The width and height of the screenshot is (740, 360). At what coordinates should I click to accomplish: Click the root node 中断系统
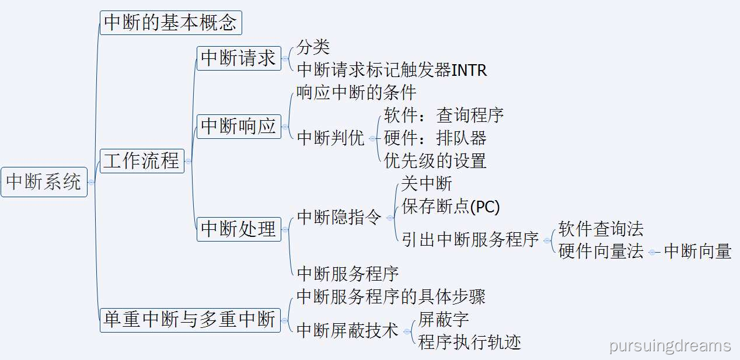pos(44,182)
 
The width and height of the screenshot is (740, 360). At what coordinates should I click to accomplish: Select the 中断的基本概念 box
pos(170,23)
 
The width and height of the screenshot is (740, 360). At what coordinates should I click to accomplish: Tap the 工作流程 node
pos(142,160)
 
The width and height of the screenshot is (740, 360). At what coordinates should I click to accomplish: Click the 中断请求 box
pos(239,58)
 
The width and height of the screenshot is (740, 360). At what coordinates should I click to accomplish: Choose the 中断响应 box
pos(239,126)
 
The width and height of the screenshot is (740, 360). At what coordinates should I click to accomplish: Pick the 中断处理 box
pos(239,229)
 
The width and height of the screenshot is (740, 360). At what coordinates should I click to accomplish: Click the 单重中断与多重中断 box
pos(190,320)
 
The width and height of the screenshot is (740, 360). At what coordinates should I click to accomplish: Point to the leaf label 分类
pos(313,47)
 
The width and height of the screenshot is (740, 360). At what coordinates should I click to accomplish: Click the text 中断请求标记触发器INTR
pos(392,70)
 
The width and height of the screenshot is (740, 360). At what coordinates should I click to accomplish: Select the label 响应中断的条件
pos(356,93)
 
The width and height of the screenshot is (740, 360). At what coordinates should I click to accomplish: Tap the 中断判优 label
pos(330,138)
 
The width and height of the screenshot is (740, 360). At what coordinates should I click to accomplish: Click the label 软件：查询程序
pos(444,115)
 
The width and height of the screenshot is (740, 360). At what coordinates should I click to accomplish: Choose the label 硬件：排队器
pos(435,138)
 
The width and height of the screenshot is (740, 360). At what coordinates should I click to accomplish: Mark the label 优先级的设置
pos(435,160)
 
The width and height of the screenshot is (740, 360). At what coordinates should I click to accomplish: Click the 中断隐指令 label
pos(339,217)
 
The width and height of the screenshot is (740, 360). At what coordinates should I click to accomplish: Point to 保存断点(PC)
pos(451,206)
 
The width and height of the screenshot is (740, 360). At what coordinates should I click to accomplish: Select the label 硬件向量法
pos(601,251)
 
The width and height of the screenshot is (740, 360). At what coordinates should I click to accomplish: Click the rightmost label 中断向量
pos(697,251)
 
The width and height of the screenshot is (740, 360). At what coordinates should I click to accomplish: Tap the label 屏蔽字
pos(443,319)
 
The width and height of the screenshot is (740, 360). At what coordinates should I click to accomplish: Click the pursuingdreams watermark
pos(670,345)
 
